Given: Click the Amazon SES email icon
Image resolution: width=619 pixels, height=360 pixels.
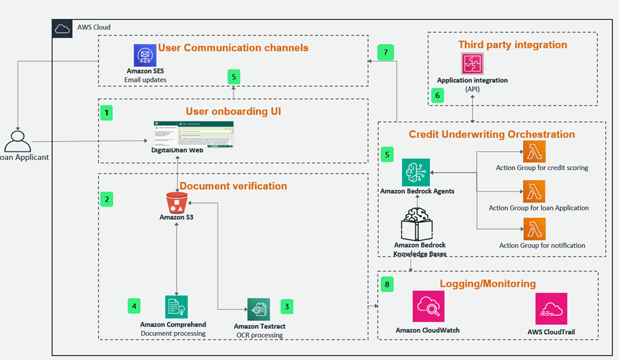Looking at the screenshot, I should (x=144, y=54).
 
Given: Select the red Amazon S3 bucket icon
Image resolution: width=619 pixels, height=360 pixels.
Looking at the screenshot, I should (x=177, y=201).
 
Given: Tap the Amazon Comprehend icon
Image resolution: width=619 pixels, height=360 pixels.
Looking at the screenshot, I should (x=176, y=307).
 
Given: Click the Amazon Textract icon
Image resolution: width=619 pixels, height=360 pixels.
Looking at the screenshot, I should (x=259, y=309).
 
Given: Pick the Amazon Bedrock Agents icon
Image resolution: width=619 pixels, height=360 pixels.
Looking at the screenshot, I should (x=415, y=171).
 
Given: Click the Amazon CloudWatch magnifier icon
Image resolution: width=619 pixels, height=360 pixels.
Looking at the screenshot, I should (x=428, y=306).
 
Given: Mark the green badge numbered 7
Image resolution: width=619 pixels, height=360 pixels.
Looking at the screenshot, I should (x=386, y=52).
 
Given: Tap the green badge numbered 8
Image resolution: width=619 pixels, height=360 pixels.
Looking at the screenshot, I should (x=387, y=285).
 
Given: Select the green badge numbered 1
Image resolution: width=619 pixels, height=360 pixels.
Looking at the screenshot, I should (x=106, y=113).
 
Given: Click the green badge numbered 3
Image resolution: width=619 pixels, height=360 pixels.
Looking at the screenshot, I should (x=286, y=306).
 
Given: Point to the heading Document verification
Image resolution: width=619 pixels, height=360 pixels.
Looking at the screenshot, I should (x=233, y=186).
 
